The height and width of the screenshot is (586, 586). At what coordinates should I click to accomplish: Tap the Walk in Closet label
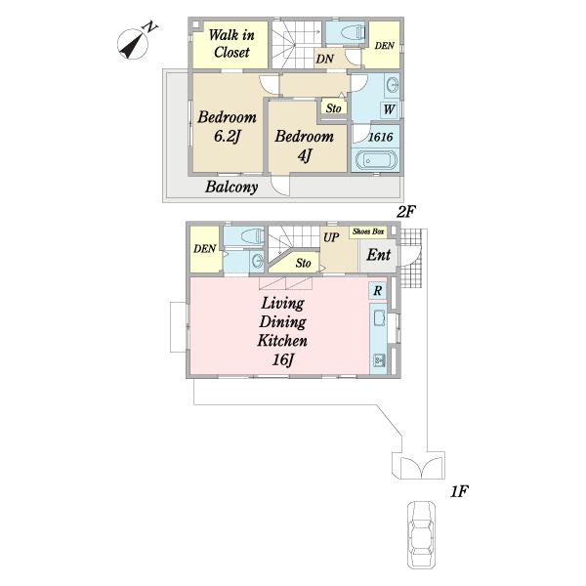coord(231,44)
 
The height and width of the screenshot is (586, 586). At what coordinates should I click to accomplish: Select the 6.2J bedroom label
coord(227,127)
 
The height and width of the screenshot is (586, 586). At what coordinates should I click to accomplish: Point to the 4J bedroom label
coord(304,146)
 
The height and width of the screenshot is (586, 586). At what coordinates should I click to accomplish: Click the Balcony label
coord(231,187)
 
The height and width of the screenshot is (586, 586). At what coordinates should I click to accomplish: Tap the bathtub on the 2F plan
coord(376,160)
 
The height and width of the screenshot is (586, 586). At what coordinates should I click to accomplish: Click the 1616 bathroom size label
coord(381,137)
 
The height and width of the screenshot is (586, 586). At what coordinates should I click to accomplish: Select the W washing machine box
coord(389,109)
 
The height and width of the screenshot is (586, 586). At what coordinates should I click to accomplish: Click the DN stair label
coord(325,59)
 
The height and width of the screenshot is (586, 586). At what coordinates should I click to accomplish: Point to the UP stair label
coord(331,237)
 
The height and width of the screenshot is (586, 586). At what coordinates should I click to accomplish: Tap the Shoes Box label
coord(368,231)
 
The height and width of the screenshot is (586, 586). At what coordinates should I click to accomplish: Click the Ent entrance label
coord(378,255)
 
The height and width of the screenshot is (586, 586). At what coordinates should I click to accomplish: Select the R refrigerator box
coord(378,290)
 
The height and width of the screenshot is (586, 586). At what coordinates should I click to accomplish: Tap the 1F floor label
coord(459,492)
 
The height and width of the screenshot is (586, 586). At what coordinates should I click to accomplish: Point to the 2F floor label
coord(406,212)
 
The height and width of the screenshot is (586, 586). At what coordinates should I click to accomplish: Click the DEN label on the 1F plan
coord(204,249)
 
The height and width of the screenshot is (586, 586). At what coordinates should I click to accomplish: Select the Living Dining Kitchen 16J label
coord(282,331)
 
